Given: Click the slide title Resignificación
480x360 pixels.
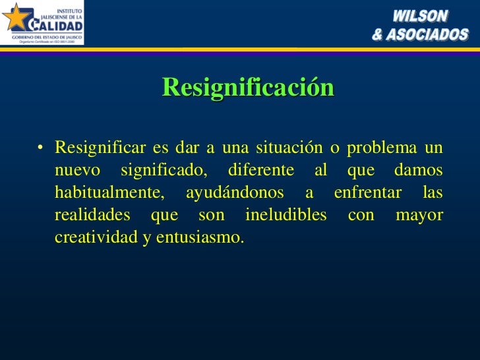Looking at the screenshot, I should click(x=248, y=87).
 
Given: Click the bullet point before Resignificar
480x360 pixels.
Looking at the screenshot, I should click(x=41, y=148).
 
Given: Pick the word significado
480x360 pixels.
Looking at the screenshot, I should click(x=164, y=170).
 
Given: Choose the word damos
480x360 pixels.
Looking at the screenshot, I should click(x=419, y=170).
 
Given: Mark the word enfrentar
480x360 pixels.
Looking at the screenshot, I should click(x=368, y=193).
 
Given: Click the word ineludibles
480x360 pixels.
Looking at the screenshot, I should click(x=285, y=215).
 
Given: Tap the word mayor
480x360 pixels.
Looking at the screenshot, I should click(x=419, y=215).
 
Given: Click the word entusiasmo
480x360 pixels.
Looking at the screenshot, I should click(x=200, y=237).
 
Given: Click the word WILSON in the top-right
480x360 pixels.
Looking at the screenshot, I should click(x=421, y=16).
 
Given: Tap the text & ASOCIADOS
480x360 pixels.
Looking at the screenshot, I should click(x=420, y=34).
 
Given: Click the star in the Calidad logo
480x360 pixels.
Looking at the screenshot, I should click(x=16, y=18).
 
